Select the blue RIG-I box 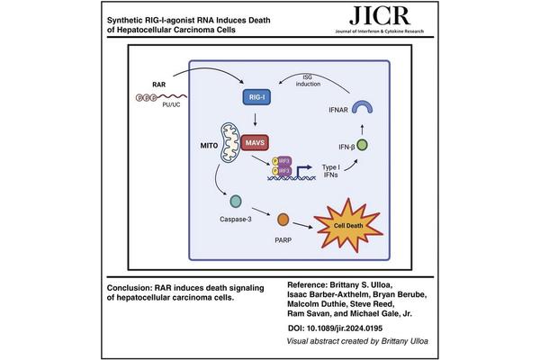coord(255,94)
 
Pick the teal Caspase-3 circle coord(235,203)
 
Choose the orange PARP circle coord(283,219)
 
